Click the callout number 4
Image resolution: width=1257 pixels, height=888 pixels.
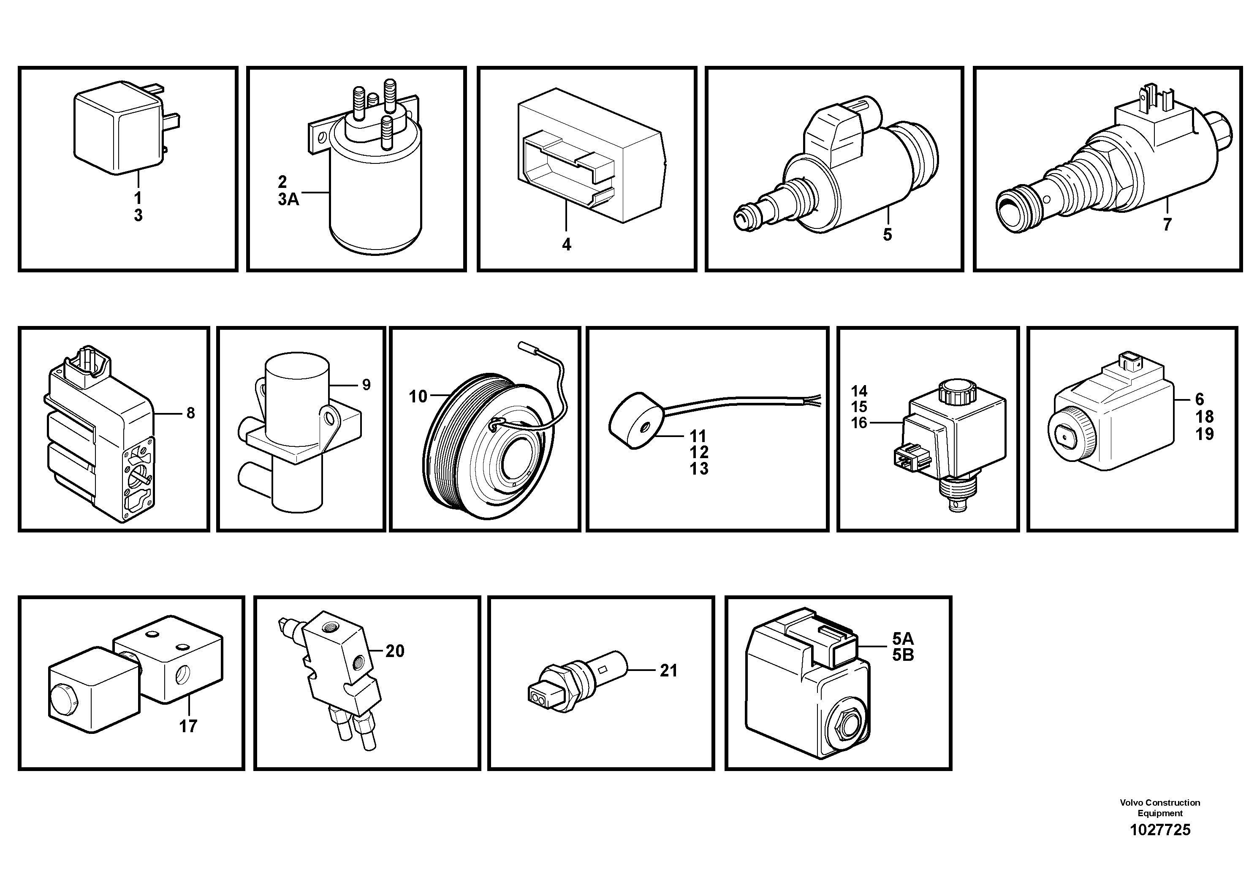(x=566, y=245)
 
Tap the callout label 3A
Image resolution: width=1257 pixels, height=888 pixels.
(x=288, y=199)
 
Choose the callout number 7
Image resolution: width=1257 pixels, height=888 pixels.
(x=1167, y=225)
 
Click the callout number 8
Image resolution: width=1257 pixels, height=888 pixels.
(x=190, y=413)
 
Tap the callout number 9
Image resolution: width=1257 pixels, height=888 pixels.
(x=366, y=385)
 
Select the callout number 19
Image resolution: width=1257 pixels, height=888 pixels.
(x=1205, y=434)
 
